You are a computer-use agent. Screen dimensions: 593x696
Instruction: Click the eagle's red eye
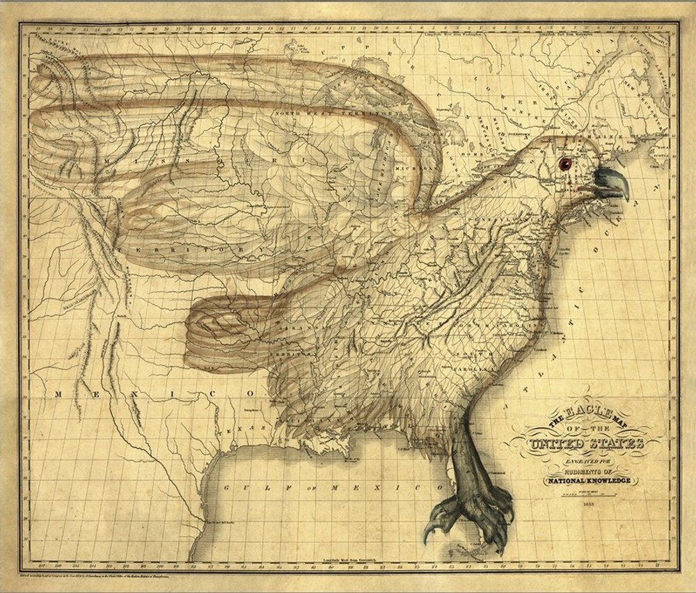[564, 164]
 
